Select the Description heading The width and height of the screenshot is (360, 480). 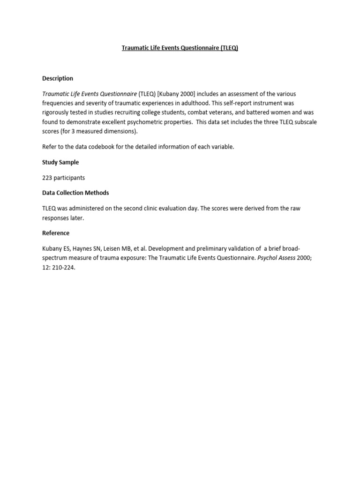[58, 78]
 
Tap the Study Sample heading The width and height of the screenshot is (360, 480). [60, 162]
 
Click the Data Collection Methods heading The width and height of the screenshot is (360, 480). [75, 193]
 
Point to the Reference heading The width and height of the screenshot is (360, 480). [56, 233]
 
